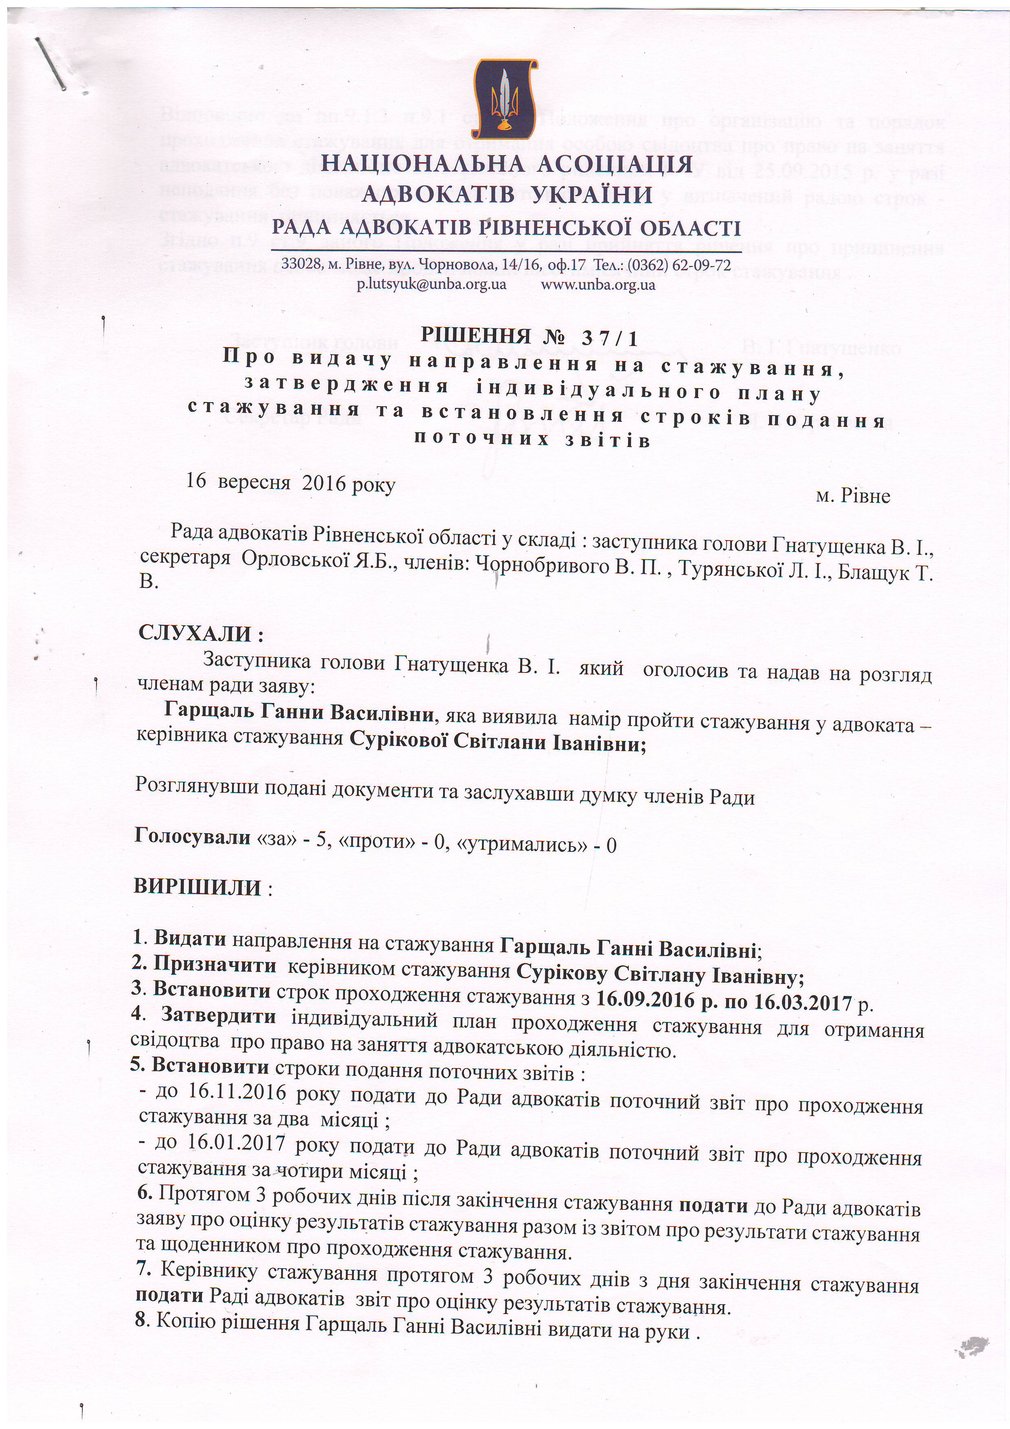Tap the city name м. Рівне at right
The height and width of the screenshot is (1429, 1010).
[x=852, y=496]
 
